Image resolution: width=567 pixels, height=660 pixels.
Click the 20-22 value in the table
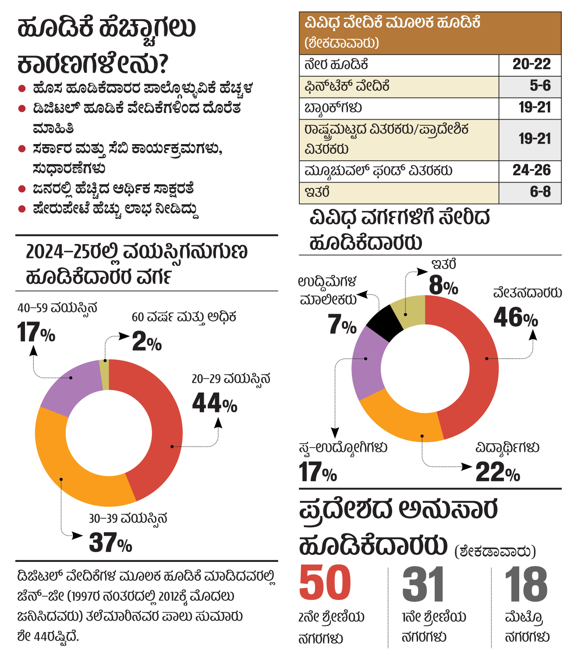pyautogui.click(x=531, y=64)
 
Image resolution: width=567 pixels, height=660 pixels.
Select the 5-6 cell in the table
pyautogui.click(x=540, y=86)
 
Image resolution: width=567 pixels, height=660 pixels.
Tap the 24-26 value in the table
pyautogui.click(x=531, y=170)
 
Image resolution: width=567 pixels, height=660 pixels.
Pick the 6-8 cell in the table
pyautogui.click(x=540, y=192)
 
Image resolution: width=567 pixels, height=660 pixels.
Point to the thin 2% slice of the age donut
pyautogui.click(x=104, y=374)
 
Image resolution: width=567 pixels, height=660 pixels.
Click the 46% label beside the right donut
pyautogui.click(x=515, y=318)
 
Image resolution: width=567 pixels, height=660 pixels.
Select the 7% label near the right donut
pyautogui.click(x=342, y=325)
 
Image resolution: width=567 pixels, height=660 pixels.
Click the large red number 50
pyautogui.click(x=325, y=583)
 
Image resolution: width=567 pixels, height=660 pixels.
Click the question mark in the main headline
pyautogui.click(x=162, y=64)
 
